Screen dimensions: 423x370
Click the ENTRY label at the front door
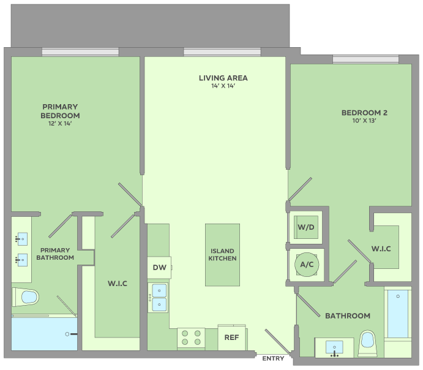273,358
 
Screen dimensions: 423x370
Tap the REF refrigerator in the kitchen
232,338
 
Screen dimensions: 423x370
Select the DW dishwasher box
159,268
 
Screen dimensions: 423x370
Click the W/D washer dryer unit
306,227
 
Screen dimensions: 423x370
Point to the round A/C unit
307,265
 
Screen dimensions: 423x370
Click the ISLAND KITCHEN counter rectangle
222,255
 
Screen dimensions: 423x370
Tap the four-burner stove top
191,338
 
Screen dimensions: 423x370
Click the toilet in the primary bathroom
25,297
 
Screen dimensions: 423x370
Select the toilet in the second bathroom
367,343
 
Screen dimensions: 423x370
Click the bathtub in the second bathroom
398,314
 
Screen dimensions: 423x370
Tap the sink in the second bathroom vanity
334,347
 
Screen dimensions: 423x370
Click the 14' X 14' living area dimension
223,86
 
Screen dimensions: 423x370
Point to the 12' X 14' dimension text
60,124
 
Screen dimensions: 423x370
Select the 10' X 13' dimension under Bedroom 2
364,121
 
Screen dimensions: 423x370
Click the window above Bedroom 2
365,59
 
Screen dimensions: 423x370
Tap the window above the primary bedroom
80,52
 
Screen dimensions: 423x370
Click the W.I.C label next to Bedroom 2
381,249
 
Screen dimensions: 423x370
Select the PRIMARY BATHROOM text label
55,254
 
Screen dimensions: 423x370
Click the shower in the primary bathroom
44,334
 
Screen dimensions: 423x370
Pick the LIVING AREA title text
223,78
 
